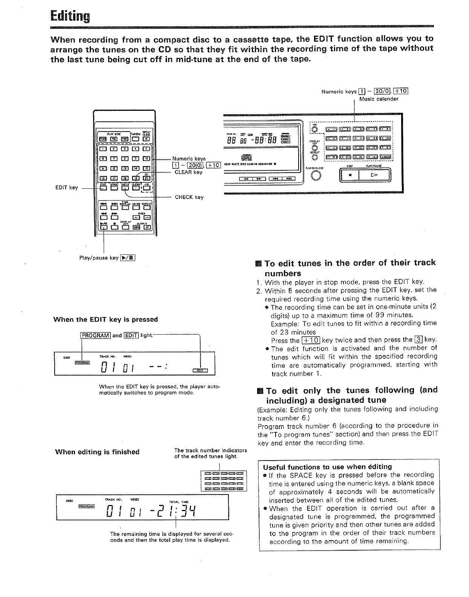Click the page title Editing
tap(70, 17)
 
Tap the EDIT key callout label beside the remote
tap(68, 188)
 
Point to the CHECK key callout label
tap(189, 197)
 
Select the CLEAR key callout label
tap(189, 172)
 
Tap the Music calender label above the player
tap(379, 99)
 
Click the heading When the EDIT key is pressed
tap(106, 320)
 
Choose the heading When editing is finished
tap(97, 452)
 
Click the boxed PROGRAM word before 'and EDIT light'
tap(95, 335)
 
